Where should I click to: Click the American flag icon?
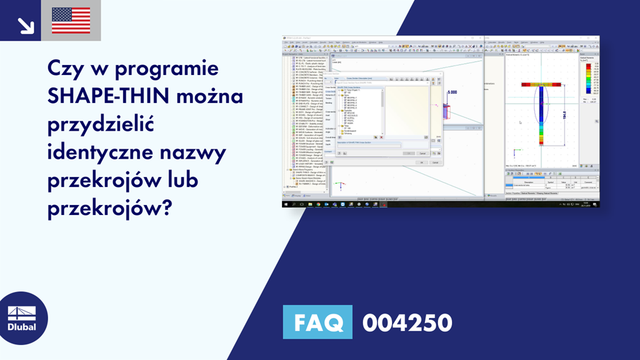(x=71, y=21)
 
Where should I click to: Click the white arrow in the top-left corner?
(x=26, y=24)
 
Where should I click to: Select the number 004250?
(x=407, y=322)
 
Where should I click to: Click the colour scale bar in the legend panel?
(x=586, y=79)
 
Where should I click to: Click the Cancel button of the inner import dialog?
(x=422, y=153)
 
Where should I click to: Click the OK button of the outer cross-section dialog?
(x=422, y=162)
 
